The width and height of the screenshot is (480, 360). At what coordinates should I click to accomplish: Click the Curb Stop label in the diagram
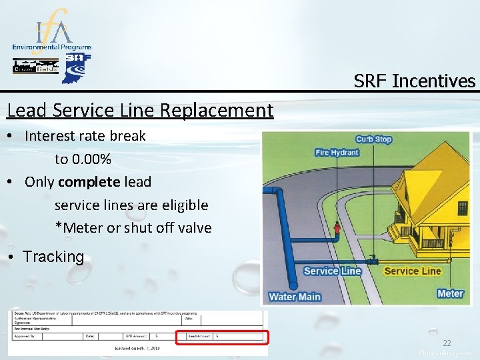click(x=373, y=139)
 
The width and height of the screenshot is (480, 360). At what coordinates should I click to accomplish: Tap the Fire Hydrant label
click(x=337, y=153)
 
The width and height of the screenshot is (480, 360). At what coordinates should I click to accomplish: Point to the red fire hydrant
click(x=337, y=231)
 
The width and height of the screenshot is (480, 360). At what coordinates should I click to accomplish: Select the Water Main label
click(x=295, y=297)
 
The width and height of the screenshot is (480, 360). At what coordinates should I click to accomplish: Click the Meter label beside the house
click(x=450, y=293)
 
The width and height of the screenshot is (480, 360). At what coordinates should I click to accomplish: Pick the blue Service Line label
click(x=332, y=271)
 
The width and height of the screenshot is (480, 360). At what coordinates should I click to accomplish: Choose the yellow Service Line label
click(x=413, y=271)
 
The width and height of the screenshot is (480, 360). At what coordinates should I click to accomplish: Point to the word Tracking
click(x=53, y=257)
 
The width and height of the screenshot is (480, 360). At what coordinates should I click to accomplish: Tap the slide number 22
click(x=447, y=343)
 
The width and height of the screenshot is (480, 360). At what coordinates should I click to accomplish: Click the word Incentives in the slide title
click(x=434, y=81)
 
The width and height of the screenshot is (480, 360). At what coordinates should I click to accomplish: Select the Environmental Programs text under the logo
click(x=52, y=48)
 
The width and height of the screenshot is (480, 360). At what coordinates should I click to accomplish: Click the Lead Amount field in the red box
click(x=222, y=337)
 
